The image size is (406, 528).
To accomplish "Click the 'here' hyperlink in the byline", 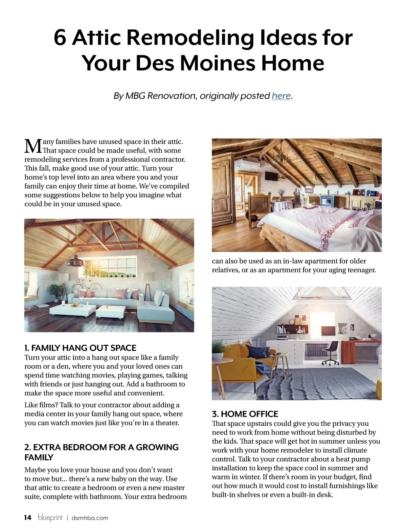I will click(281, 96).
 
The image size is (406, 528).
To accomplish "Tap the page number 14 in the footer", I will click(28, 517).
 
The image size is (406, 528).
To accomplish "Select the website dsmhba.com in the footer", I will click(90, 518).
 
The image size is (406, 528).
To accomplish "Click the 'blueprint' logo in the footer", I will click(50, 517).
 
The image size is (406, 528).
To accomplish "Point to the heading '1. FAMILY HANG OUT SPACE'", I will click(80, 348).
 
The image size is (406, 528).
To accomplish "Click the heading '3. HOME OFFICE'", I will click(245, 414).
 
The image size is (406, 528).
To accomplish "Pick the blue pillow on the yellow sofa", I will click(254, 350).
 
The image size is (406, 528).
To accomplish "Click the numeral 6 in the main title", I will click(60, 38).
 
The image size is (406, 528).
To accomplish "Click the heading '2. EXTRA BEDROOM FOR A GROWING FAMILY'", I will click(101, 452).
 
